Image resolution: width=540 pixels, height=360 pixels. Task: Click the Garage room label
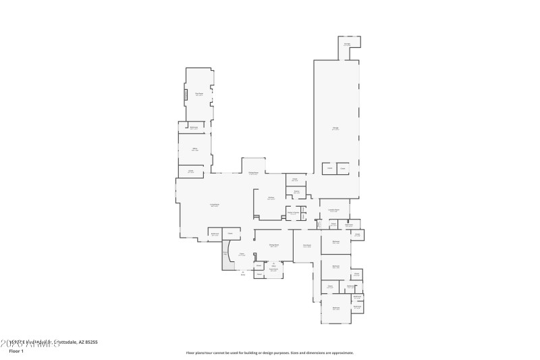coord(335,128)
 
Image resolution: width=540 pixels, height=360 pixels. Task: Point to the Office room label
coord(194,149)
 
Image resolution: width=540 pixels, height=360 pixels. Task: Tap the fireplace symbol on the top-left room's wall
coord(186,95)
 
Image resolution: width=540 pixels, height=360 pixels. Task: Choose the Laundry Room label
coord(333,211)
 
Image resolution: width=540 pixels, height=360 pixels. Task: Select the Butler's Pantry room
coord(293,213)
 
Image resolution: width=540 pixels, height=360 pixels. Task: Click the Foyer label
coord(242,255)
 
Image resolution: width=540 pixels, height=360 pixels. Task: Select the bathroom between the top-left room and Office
coord(194,127)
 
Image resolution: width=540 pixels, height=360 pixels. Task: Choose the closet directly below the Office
coord(191,172)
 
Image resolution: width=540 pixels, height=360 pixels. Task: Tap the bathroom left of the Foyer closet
coord(215,234)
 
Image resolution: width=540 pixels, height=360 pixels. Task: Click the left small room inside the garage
coord(329,168)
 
